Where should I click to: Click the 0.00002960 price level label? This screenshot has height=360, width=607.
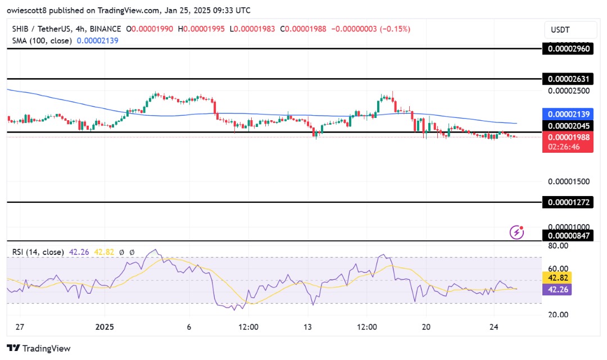(x=568, y=49)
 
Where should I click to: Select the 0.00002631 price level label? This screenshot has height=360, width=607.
(x=568, y=79)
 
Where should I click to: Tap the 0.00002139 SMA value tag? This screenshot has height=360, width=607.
(x=568, y=114)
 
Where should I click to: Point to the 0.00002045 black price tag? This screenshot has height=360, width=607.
(x=568, y=126)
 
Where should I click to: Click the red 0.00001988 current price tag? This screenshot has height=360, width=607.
(x=568, y=138)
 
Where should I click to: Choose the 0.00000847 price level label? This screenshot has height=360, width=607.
(x=568, y=235)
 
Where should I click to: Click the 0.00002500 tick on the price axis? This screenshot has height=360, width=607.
(x=568, y=90)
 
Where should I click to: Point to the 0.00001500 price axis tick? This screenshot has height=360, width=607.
(x=568, y=181)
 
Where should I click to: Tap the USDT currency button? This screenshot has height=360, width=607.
(x=568, y=30)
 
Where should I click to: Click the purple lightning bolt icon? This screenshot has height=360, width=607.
(x=517, y=232)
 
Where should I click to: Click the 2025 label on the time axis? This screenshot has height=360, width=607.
(x=105, y=327)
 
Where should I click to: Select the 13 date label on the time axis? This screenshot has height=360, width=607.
(x=307, y=327)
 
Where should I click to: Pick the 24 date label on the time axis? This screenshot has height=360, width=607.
(x=494, y=327)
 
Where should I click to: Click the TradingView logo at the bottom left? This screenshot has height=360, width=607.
(x=39, y=348)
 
